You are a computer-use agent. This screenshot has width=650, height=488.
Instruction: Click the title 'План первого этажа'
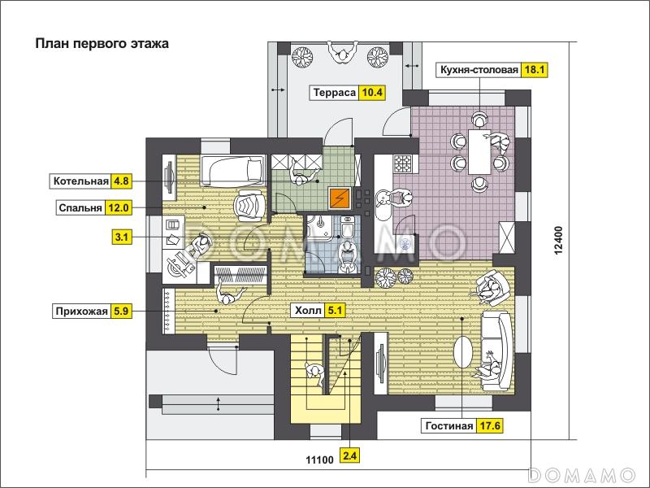coord(102,44)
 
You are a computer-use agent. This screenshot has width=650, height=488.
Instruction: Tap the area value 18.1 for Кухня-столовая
coord(535,70)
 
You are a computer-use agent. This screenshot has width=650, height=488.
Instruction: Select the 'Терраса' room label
coord(335,92)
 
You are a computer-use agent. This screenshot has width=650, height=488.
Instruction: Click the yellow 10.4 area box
coord(372,92)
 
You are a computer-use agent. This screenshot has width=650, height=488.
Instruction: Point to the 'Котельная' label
coord(80,181)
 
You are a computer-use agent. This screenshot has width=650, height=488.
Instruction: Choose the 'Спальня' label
coord(80,207)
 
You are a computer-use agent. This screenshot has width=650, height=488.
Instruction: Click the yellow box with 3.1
coord(122,237)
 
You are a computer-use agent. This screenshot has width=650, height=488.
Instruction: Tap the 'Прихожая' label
coord(82,312)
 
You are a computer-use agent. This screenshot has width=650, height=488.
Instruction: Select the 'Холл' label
coord(308,310)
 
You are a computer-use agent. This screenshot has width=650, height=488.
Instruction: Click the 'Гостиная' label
coord(449,425)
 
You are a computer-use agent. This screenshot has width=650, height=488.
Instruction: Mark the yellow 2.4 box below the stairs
coord(349,456)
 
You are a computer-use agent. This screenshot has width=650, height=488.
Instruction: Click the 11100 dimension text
coord(319,460)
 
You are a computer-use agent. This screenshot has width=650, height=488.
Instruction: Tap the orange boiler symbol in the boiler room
coord(340,198)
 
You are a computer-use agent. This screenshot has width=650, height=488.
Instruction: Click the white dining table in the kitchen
coord(480,152)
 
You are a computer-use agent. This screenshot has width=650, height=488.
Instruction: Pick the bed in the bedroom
coord(232,171)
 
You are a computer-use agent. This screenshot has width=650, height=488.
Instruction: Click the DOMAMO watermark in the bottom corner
coord(583,475)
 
